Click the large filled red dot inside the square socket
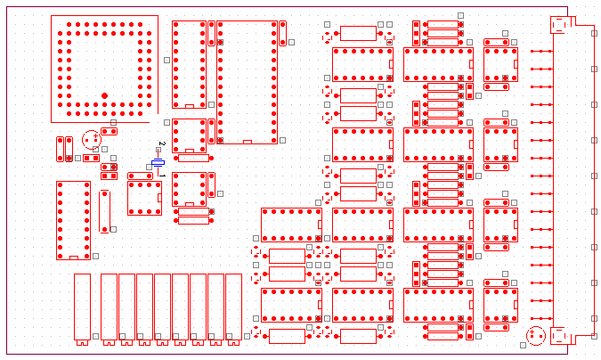pos(104,94)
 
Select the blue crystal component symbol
pos(158,163)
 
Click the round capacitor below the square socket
pos(90,139)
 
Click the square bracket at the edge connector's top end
pos(559,25)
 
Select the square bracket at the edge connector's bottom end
pos(559,336)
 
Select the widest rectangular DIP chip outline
pos(247,82)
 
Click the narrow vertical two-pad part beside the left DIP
pos(104,210)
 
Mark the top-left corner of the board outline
pos(8,8)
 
